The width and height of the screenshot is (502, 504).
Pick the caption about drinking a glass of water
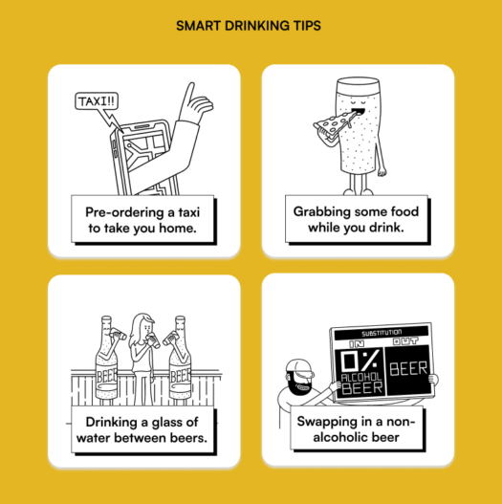coord(143,430)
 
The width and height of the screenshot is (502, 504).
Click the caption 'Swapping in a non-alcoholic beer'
coord(357,430)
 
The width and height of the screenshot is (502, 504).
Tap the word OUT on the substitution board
coord(411,342)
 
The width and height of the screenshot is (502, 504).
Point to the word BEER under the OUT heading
coord(411,367)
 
